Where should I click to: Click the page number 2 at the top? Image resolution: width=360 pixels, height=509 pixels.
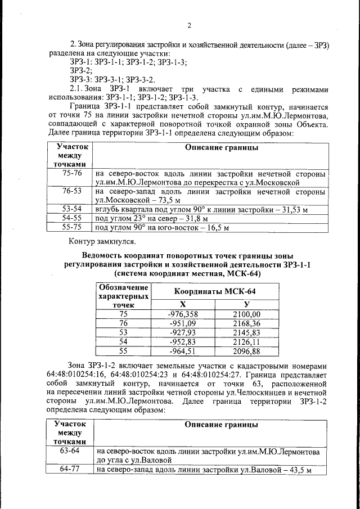[x=189, y=25]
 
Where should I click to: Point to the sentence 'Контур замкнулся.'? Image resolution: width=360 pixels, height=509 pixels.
[x=102, y=242]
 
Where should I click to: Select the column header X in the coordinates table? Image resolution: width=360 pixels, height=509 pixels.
[x=183, y=304]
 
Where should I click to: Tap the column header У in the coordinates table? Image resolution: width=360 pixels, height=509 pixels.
[x=246, y=304]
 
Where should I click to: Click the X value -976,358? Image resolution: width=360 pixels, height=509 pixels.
[x=183, y=314]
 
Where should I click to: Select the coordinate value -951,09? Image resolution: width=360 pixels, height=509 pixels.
[x=183, y=323]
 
